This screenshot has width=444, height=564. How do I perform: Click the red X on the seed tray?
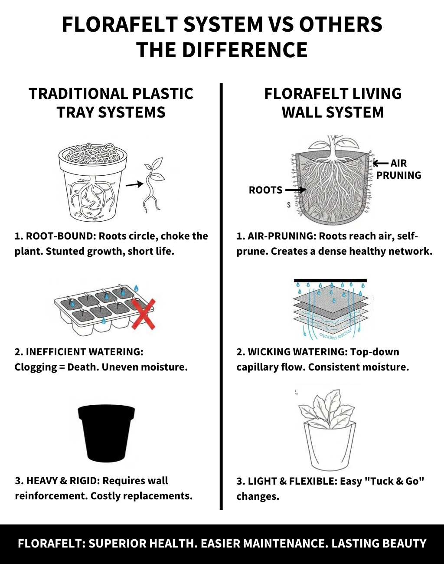pyautogui.click(x=143, y=314)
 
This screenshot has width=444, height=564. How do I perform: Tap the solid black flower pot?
pyautogui.click(x=106, y=433)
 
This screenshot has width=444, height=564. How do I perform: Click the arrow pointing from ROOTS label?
pyautogui.click(x=295, y=190)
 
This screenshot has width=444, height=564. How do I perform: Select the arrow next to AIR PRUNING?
pyautogui.click(x=381, y=163)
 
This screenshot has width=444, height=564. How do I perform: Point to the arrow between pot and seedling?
pyautogui.click(x=135, y=184)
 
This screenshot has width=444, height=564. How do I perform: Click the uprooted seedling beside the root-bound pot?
pyautogui.click(x=153, y=184)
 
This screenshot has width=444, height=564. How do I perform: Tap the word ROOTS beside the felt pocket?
pyautogui.click(x=266, y=190)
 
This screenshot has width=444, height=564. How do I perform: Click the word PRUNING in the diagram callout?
pyautogui.click(x=398, y=175)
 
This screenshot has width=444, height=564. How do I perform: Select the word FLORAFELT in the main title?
pyautogui.click(x=120, y=24)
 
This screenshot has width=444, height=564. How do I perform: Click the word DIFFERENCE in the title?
pyautogui.click(x=245, y=50)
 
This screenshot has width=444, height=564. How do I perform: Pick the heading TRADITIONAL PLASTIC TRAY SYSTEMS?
pyautogui.click(x=111, y=103)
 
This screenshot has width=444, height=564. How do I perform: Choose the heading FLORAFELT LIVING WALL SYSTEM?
pyautogui.click(x=333, y=103)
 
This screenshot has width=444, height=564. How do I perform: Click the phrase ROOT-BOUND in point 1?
pyautogui.click(x=60, y=236)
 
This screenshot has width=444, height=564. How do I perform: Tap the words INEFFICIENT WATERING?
pyautogui.click(x=85, y=352)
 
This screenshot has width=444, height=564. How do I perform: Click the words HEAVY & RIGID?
pyautogui.click(x=63, y=481)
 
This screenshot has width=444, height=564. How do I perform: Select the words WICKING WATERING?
pyautogui.click(x=297, y=352)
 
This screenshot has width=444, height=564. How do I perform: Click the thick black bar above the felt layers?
pyautogui.click(x=330, y=280)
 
